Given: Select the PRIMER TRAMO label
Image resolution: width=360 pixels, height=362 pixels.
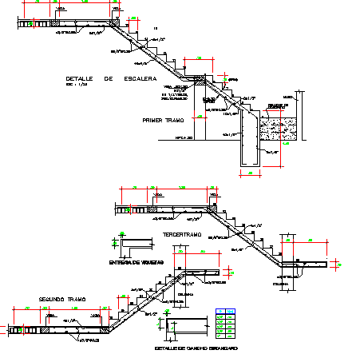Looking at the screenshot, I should pyautogui.click(x=163, y=121).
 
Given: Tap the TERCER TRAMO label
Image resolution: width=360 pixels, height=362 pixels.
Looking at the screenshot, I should pyautogui.click(x=184, y=235).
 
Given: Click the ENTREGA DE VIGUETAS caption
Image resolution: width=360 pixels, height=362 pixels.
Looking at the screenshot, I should pyautogui.click(x=136, y=261).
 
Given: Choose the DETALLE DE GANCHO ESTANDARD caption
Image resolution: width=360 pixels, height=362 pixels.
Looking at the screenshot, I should pyautogui.click(x=196, y=348).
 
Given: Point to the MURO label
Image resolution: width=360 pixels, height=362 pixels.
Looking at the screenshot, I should pyautogui.click(x=299, y=95).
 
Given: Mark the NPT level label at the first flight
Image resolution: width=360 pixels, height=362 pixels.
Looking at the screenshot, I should pyautogui.click(x=184, y=137).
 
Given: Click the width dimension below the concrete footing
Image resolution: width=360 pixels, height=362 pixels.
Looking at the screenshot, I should pyautogui.click(x=249, y=173).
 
